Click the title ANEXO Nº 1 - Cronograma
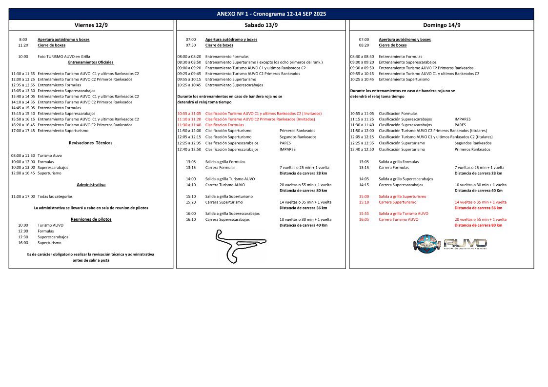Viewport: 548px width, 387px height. (271, 14)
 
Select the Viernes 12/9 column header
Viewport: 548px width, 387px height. (91, 25)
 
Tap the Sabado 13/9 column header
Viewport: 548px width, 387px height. (261, 25)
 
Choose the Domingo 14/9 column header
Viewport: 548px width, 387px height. (442, 25)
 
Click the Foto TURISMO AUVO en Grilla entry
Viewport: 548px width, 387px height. (64, 57)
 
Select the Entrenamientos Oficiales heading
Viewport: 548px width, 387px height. (91, 62)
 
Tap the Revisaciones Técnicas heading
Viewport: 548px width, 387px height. (91, 143)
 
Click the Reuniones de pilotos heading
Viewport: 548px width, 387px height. (91, 219)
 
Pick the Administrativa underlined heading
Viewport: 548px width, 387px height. (91, 185)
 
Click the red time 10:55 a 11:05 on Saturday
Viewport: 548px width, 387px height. (189, 113)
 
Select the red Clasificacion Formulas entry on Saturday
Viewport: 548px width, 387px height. (224, 125)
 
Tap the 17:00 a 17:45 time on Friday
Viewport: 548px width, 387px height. (23, 131)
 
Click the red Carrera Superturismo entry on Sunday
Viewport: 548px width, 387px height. (397, 202)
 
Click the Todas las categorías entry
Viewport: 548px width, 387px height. (55, 196)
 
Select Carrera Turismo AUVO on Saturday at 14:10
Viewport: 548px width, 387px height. (225, 185)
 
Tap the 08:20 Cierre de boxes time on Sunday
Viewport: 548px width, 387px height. (364, 45)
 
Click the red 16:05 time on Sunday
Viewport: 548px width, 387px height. (364, 219)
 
